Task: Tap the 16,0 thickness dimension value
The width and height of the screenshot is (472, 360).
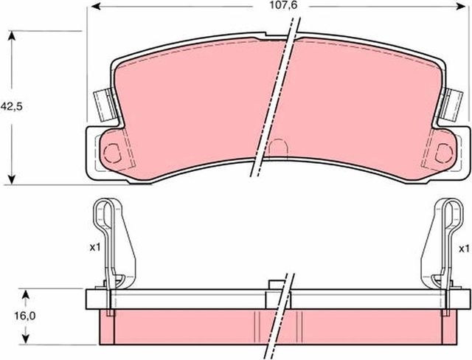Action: coord(27,315)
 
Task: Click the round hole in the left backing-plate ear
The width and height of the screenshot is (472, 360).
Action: coord(113,153)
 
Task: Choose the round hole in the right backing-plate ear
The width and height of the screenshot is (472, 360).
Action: coord(444,153)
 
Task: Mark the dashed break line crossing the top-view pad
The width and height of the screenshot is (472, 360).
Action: coord(277,96)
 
